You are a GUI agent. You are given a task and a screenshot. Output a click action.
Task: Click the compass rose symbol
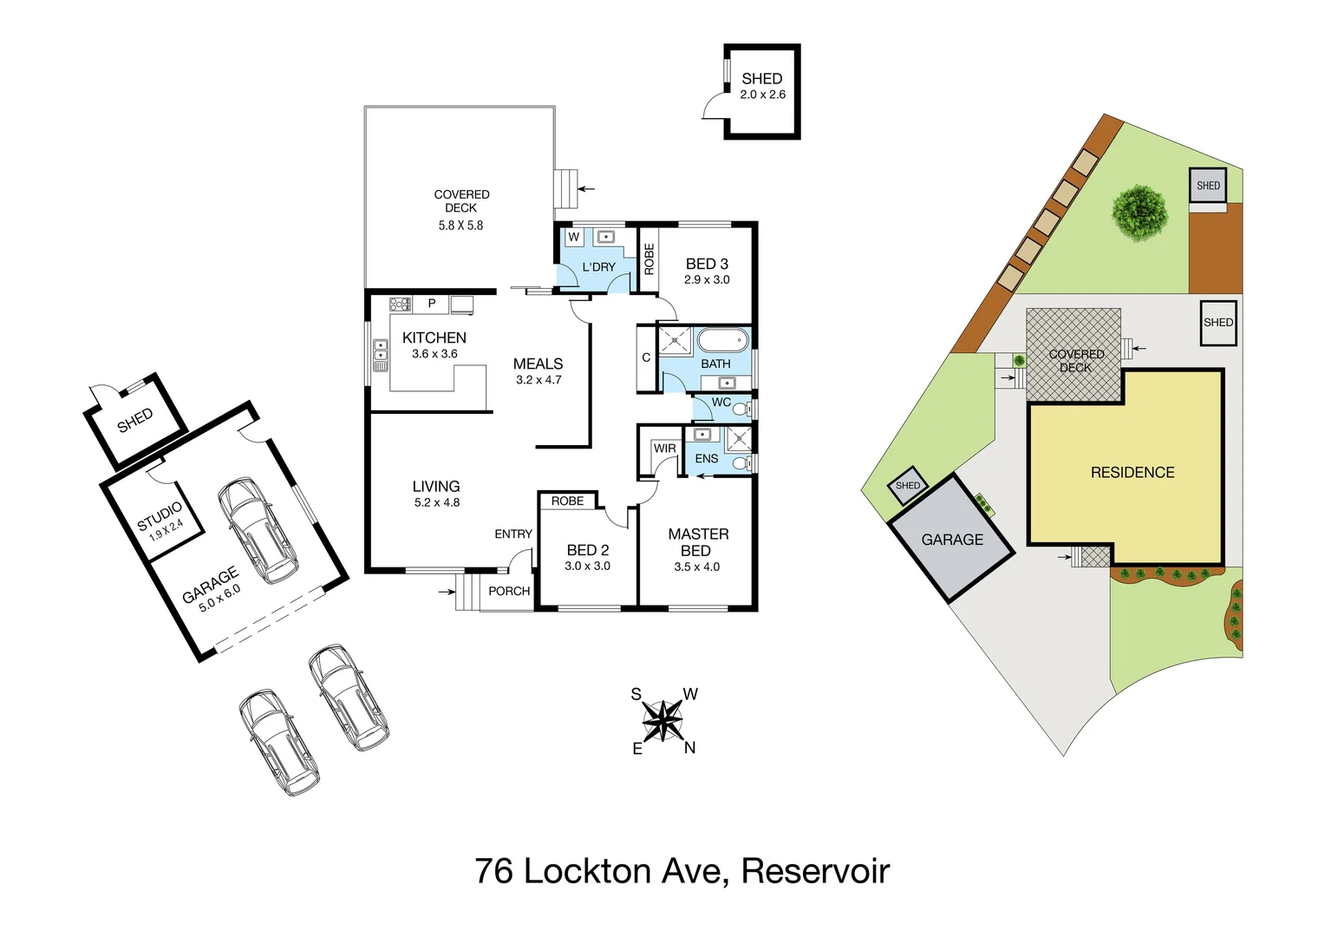point(663,720)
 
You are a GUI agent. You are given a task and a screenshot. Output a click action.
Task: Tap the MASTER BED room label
point(697,542)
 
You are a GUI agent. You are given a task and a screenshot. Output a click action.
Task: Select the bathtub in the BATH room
point(722,340)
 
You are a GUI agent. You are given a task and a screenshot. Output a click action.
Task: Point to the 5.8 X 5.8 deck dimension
point(460,226)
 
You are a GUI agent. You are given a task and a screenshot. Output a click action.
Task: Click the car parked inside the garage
point(258,530)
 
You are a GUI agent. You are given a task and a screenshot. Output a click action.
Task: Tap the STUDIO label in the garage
point(160,515)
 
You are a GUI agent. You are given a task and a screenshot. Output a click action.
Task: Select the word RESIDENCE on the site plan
point(1132,473)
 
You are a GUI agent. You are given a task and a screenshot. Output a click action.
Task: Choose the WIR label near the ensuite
point(664,449)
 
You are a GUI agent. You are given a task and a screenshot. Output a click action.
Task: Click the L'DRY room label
point(598,267)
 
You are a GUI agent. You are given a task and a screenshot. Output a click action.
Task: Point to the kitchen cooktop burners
point(400,304)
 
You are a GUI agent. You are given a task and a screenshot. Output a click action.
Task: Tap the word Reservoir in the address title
point(815,871)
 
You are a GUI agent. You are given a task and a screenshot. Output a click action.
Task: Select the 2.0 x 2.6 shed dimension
point(762,95)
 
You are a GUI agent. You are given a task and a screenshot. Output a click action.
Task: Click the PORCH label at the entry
point(509,591)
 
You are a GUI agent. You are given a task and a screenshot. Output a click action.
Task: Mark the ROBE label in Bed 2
point(567,501)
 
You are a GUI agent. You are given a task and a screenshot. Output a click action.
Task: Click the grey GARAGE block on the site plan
point(952,539)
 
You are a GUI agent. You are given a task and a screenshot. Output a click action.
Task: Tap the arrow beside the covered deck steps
point(587,188)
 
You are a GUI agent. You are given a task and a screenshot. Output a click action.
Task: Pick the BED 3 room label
point(707,264)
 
